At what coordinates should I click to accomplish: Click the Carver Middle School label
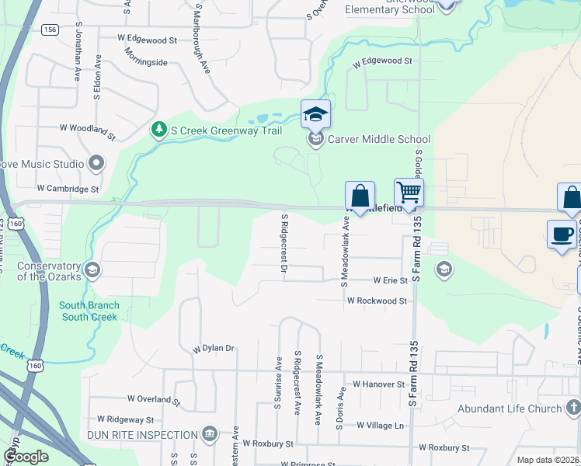click(378, 140)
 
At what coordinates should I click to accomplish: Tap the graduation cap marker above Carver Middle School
click(315, 115)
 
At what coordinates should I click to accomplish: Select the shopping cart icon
click(409, 192)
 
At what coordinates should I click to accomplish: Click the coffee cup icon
click(562, 233)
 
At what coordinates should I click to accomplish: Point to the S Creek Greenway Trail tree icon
click(159, 129)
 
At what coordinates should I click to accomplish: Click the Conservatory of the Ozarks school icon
click(92, 270)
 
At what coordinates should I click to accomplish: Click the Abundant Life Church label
click(509, 409)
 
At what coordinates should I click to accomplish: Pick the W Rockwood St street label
click(377, 301)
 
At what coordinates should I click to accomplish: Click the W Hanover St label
click(379, 384)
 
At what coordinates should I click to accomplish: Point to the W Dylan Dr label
click(214, 349)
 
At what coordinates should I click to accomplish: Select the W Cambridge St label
click(68, 189)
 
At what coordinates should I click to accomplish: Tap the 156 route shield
click(50, 30)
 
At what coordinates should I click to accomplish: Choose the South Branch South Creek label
click(89, 311)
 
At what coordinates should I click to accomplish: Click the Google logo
click(26, 456)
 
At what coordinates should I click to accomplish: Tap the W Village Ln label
click(381, 426)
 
